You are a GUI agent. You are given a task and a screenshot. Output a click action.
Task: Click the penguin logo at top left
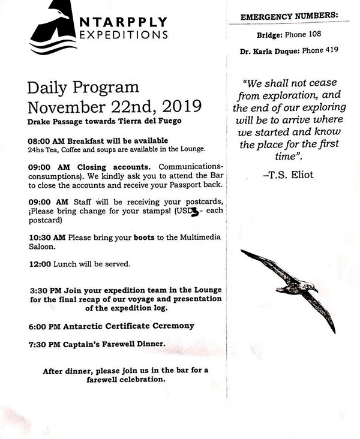click(51, 30)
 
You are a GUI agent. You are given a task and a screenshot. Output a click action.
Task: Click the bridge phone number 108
click(319, 35)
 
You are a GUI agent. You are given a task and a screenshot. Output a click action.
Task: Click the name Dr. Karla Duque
click(265, 52)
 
